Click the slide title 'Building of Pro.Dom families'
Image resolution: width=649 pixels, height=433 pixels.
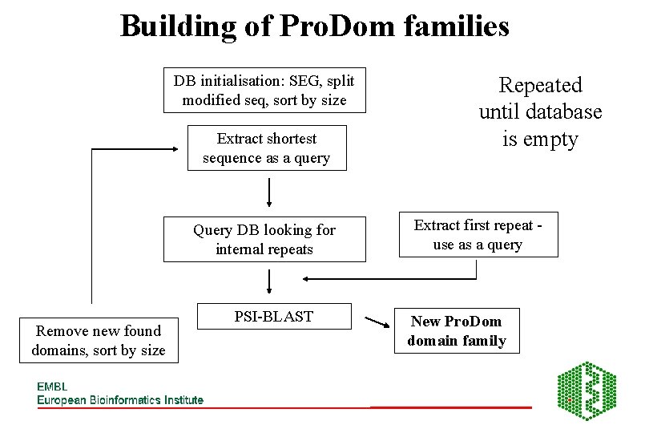pyautogui.click(x=314, y=26)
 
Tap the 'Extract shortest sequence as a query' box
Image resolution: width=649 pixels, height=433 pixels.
pyautogui.click(x=266, y=148)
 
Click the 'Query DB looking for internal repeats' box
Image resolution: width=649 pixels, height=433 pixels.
pyautogui.click(x=264, y=239)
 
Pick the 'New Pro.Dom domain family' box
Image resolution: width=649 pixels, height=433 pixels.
pyautogui.click(x=456, y=331)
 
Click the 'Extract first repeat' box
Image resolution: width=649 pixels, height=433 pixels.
pyautogui.click(x=478, y=235)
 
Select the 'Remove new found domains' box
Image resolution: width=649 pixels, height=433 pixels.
pyautogui.click(x=99, y=340)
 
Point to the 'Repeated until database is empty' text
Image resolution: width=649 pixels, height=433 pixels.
pyautogui.click(x=540, y=111)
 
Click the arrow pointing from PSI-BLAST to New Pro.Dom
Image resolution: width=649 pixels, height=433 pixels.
pyautogui.click(x=376, y=323)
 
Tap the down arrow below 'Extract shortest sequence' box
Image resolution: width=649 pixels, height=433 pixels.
pyautogui.click(x=268, y=192)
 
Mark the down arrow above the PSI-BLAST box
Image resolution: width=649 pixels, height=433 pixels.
pyautogui.click(x=268, y=281)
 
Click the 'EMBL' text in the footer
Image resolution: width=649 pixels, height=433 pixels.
pyautogui.click(x=52, y=386)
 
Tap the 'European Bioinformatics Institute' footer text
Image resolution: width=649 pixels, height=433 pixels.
pyautogui.click(x=120, y=399)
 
